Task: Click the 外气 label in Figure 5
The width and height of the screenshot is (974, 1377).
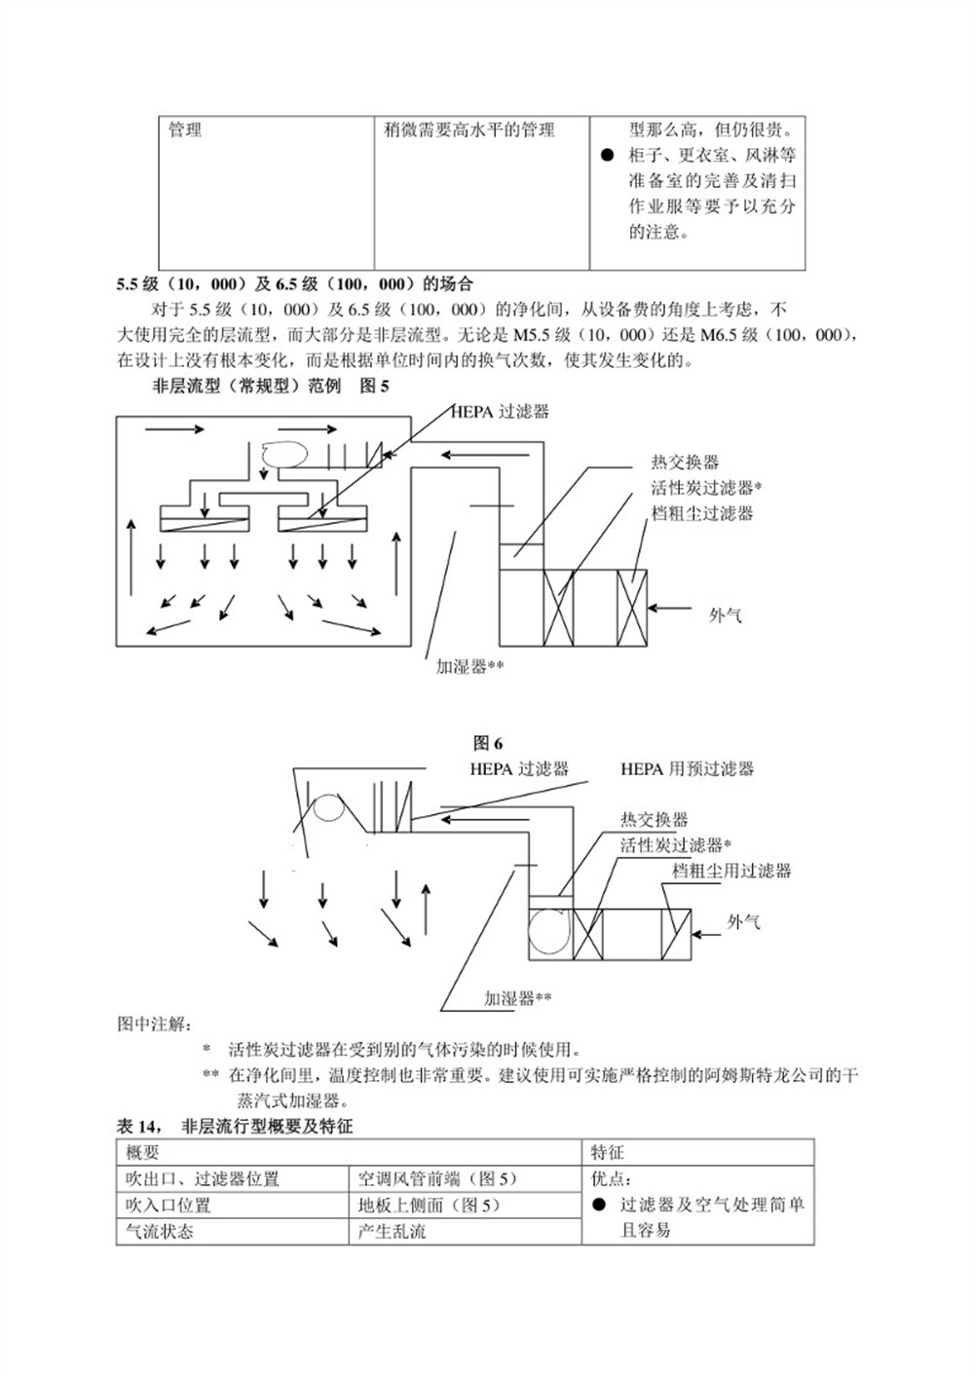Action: tap(726, 614)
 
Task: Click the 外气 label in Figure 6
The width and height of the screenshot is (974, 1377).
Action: tap(743, 921)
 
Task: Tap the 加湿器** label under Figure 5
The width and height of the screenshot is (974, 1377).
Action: tap(469, 667)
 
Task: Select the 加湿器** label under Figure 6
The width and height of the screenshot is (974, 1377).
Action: tap(517, 998)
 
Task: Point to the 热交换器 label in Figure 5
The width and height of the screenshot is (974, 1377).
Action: tap(685, 463)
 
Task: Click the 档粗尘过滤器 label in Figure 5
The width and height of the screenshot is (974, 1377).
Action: tap(701, 513)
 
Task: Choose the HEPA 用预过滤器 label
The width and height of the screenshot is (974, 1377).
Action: tap(687, 769)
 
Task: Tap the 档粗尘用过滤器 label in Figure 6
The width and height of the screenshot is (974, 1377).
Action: tap(730, 871)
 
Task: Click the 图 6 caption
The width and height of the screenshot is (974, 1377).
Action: tap(488, 744)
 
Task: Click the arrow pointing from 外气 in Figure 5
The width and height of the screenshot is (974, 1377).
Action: tap(669, 608)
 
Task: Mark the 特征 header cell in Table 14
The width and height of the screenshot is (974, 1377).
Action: tap(607, 1152)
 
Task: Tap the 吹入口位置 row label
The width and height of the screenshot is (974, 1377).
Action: tap(168, 1205)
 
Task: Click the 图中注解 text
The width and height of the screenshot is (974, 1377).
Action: tap(155, 1024)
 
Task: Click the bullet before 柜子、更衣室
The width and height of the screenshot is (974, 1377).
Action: tap(607, 156)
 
